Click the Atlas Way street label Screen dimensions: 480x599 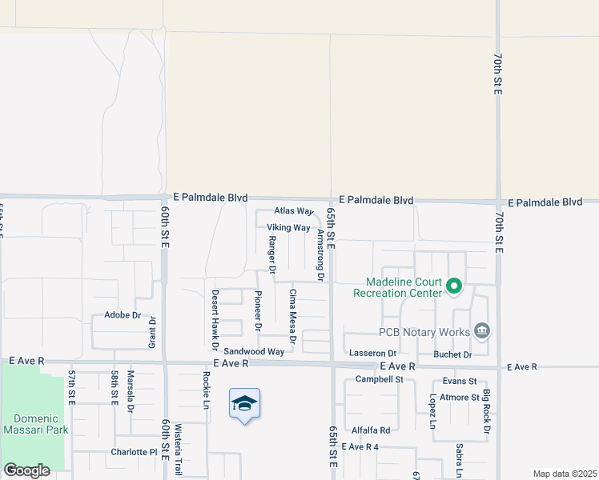pos(293,211)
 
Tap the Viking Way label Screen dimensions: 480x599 pos(288,228)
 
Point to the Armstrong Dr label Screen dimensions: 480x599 pos(320,255)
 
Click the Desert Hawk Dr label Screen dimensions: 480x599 pos(215,319)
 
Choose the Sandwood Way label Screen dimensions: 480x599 pos(254,351)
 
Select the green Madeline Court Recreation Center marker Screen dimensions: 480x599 pos(454,286)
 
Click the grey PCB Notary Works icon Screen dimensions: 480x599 pos(481,330)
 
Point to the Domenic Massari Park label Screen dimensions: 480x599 pos(35,424)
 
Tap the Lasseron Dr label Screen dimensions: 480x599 pos(372,353)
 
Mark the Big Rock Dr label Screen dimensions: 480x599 pos(486,413)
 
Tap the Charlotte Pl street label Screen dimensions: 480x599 pos(134,452)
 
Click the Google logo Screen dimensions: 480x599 pos(27,470)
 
